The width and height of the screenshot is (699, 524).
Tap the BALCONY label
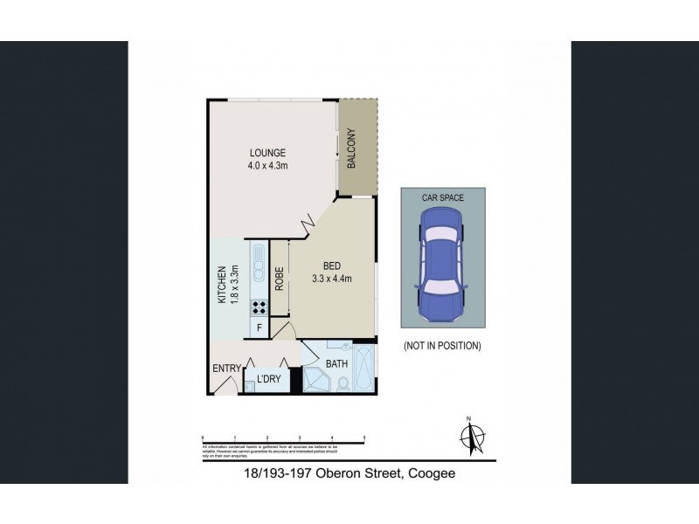(352, 148)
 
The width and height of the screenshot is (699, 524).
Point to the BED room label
(331, 266)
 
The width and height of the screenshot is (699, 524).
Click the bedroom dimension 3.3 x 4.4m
(331, 279)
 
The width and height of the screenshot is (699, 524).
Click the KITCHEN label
(222, 286)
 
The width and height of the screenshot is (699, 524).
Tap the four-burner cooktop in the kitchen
(260, 307)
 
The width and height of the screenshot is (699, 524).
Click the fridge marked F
(259, 327)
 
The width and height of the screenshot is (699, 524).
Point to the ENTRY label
(226, 369)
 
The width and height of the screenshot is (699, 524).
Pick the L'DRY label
(268, 379)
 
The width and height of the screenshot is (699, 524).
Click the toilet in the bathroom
(342, 383)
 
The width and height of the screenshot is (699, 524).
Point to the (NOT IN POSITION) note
(442, 346)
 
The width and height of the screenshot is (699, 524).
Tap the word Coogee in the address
(430, 473)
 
